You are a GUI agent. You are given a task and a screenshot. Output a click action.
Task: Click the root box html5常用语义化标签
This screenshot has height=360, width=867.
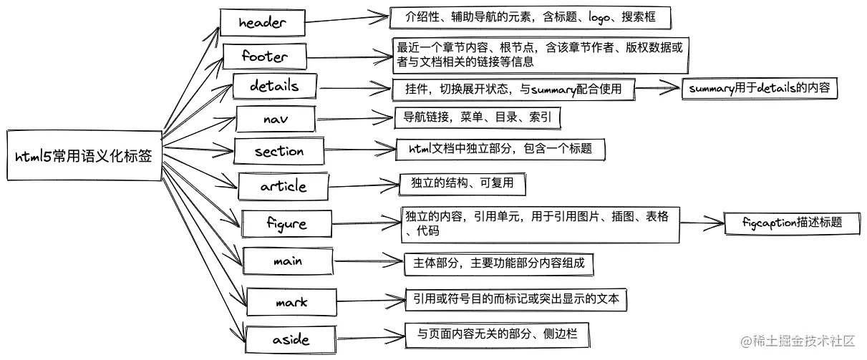(x=83, y=155)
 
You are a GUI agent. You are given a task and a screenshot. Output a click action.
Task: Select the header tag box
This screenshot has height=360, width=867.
(x=262, y=22)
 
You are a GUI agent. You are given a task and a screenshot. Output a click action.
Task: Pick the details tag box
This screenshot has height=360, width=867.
(x=274, y=87)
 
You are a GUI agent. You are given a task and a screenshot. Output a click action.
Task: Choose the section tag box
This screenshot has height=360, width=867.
(x=279, y=151)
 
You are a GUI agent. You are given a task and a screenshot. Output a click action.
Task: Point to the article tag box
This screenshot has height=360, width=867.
(x=283, y=186)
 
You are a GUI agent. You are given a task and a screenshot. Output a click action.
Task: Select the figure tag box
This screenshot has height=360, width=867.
(x=286, y=223)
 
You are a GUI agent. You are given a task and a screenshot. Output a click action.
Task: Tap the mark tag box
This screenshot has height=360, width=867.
(x=291, y=301)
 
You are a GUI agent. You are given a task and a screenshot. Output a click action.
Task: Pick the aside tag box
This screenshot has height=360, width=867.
(x=291, y=338)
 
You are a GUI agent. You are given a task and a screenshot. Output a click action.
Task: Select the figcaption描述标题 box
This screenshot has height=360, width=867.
(x=792, y=223)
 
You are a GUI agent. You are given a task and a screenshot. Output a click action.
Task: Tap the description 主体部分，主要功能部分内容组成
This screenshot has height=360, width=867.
(x=498, y=263)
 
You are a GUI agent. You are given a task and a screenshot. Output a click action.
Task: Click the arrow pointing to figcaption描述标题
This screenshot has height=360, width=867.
(x=702, y=223)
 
